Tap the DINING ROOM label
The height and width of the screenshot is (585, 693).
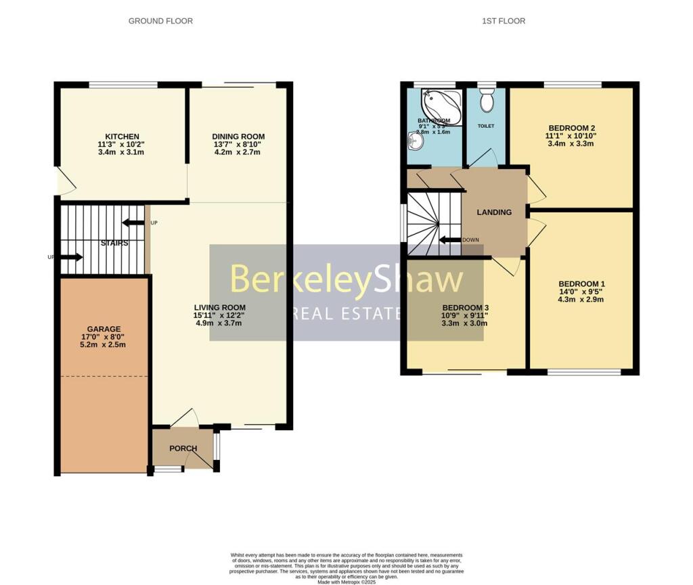[x=238, y=136]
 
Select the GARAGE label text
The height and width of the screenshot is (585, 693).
[x=104, y=329]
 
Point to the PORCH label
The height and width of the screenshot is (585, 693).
[x=183, y=448]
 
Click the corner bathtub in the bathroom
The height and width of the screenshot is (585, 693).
[x=441, y=105]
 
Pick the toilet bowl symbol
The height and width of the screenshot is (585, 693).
[x=486, y=102]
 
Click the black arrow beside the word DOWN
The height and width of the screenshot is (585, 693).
[x=449, y=240]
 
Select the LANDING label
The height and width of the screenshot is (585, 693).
[x=494, y=212]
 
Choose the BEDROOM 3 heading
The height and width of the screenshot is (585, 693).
[x=464, y=307]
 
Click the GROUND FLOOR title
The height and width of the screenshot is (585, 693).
[x=160, y=21]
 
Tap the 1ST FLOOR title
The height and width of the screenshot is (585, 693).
[x=504, y=21]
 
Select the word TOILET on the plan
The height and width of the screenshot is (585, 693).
[x=486, y=126]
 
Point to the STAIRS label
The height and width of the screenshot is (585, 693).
[x=114, y=243]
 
